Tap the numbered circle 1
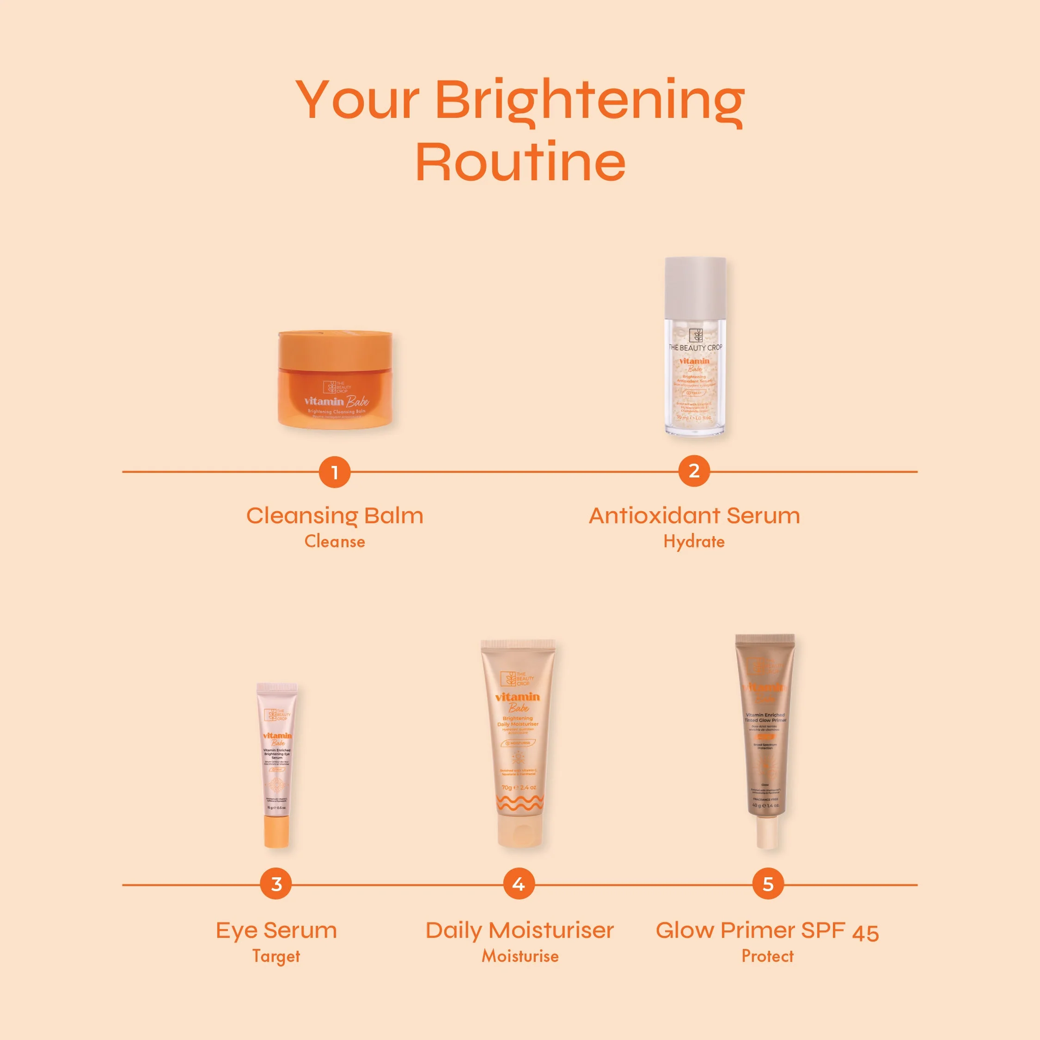[334, 472]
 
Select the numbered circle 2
[694, 471]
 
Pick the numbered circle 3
[276, 884]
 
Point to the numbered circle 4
[519, 884]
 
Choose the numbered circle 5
[768, 884]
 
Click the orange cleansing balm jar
[335, 379]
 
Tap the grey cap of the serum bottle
[695, 288]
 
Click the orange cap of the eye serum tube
[277, 831]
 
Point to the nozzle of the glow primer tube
[767, 832]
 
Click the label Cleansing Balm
[335, 516]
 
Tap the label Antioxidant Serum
[694, 516]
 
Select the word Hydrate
[694, 542]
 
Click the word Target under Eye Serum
[276, 956]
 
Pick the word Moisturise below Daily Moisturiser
[520, 956]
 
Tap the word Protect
[768, 956]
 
